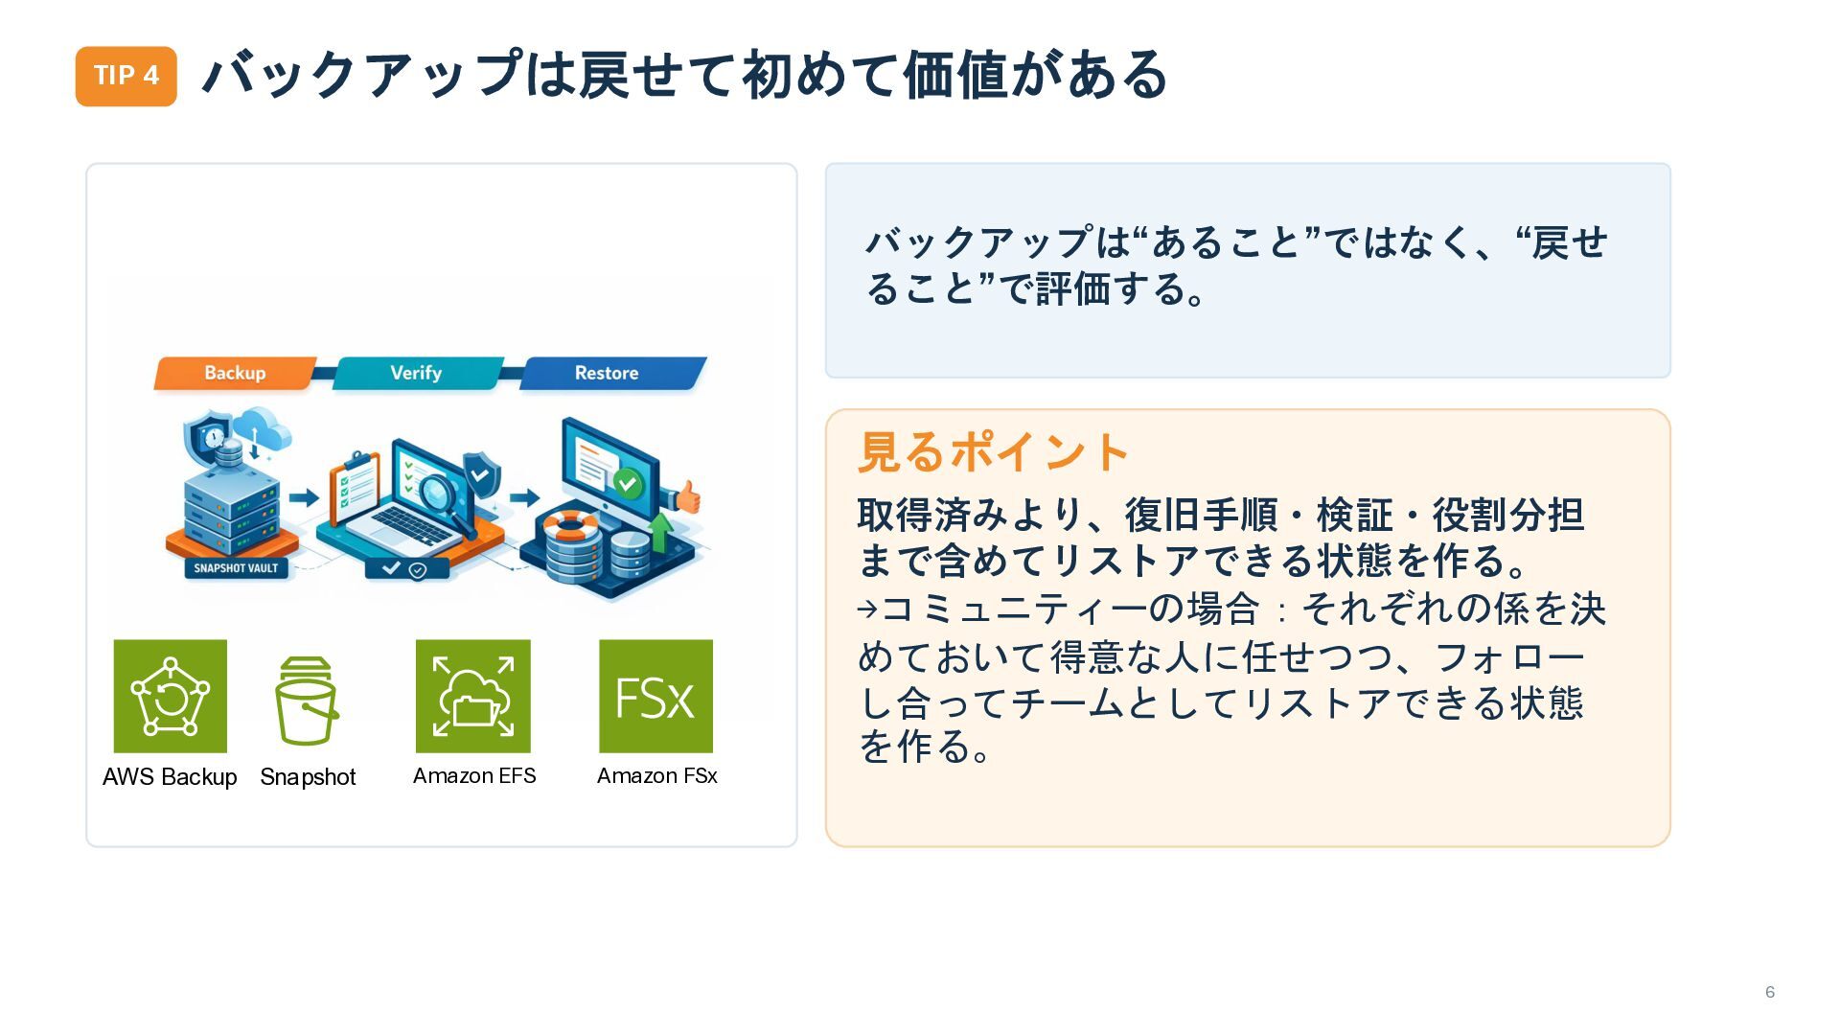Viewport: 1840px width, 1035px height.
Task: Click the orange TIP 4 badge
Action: pos(126,76)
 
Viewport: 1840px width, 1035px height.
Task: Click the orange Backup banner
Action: pos(235,373)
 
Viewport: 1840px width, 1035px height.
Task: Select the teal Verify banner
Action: pos(416,373)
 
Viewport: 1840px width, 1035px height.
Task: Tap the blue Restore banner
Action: pos(608,373)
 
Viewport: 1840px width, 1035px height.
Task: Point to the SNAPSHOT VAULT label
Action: pos(236,568)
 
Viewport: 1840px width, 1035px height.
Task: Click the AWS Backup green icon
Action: pos(171,696)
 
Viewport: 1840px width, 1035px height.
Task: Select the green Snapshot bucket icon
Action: pos(307,701)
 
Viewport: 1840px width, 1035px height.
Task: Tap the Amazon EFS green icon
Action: pos(472,696)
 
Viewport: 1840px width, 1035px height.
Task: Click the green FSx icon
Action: pos(655,696)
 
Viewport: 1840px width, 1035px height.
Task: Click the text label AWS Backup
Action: pos(170,776)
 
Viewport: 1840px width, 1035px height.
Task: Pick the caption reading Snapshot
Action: pos(308,776)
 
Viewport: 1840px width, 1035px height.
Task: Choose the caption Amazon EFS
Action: pos(474,775)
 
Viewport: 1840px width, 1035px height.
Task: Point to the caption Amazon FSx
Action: pos(656,775)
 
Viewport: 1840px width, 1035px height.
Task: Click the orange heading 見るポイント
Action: pos(993,452)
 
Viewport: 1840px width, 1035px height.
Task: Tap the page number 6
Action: pos(1769,992)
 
